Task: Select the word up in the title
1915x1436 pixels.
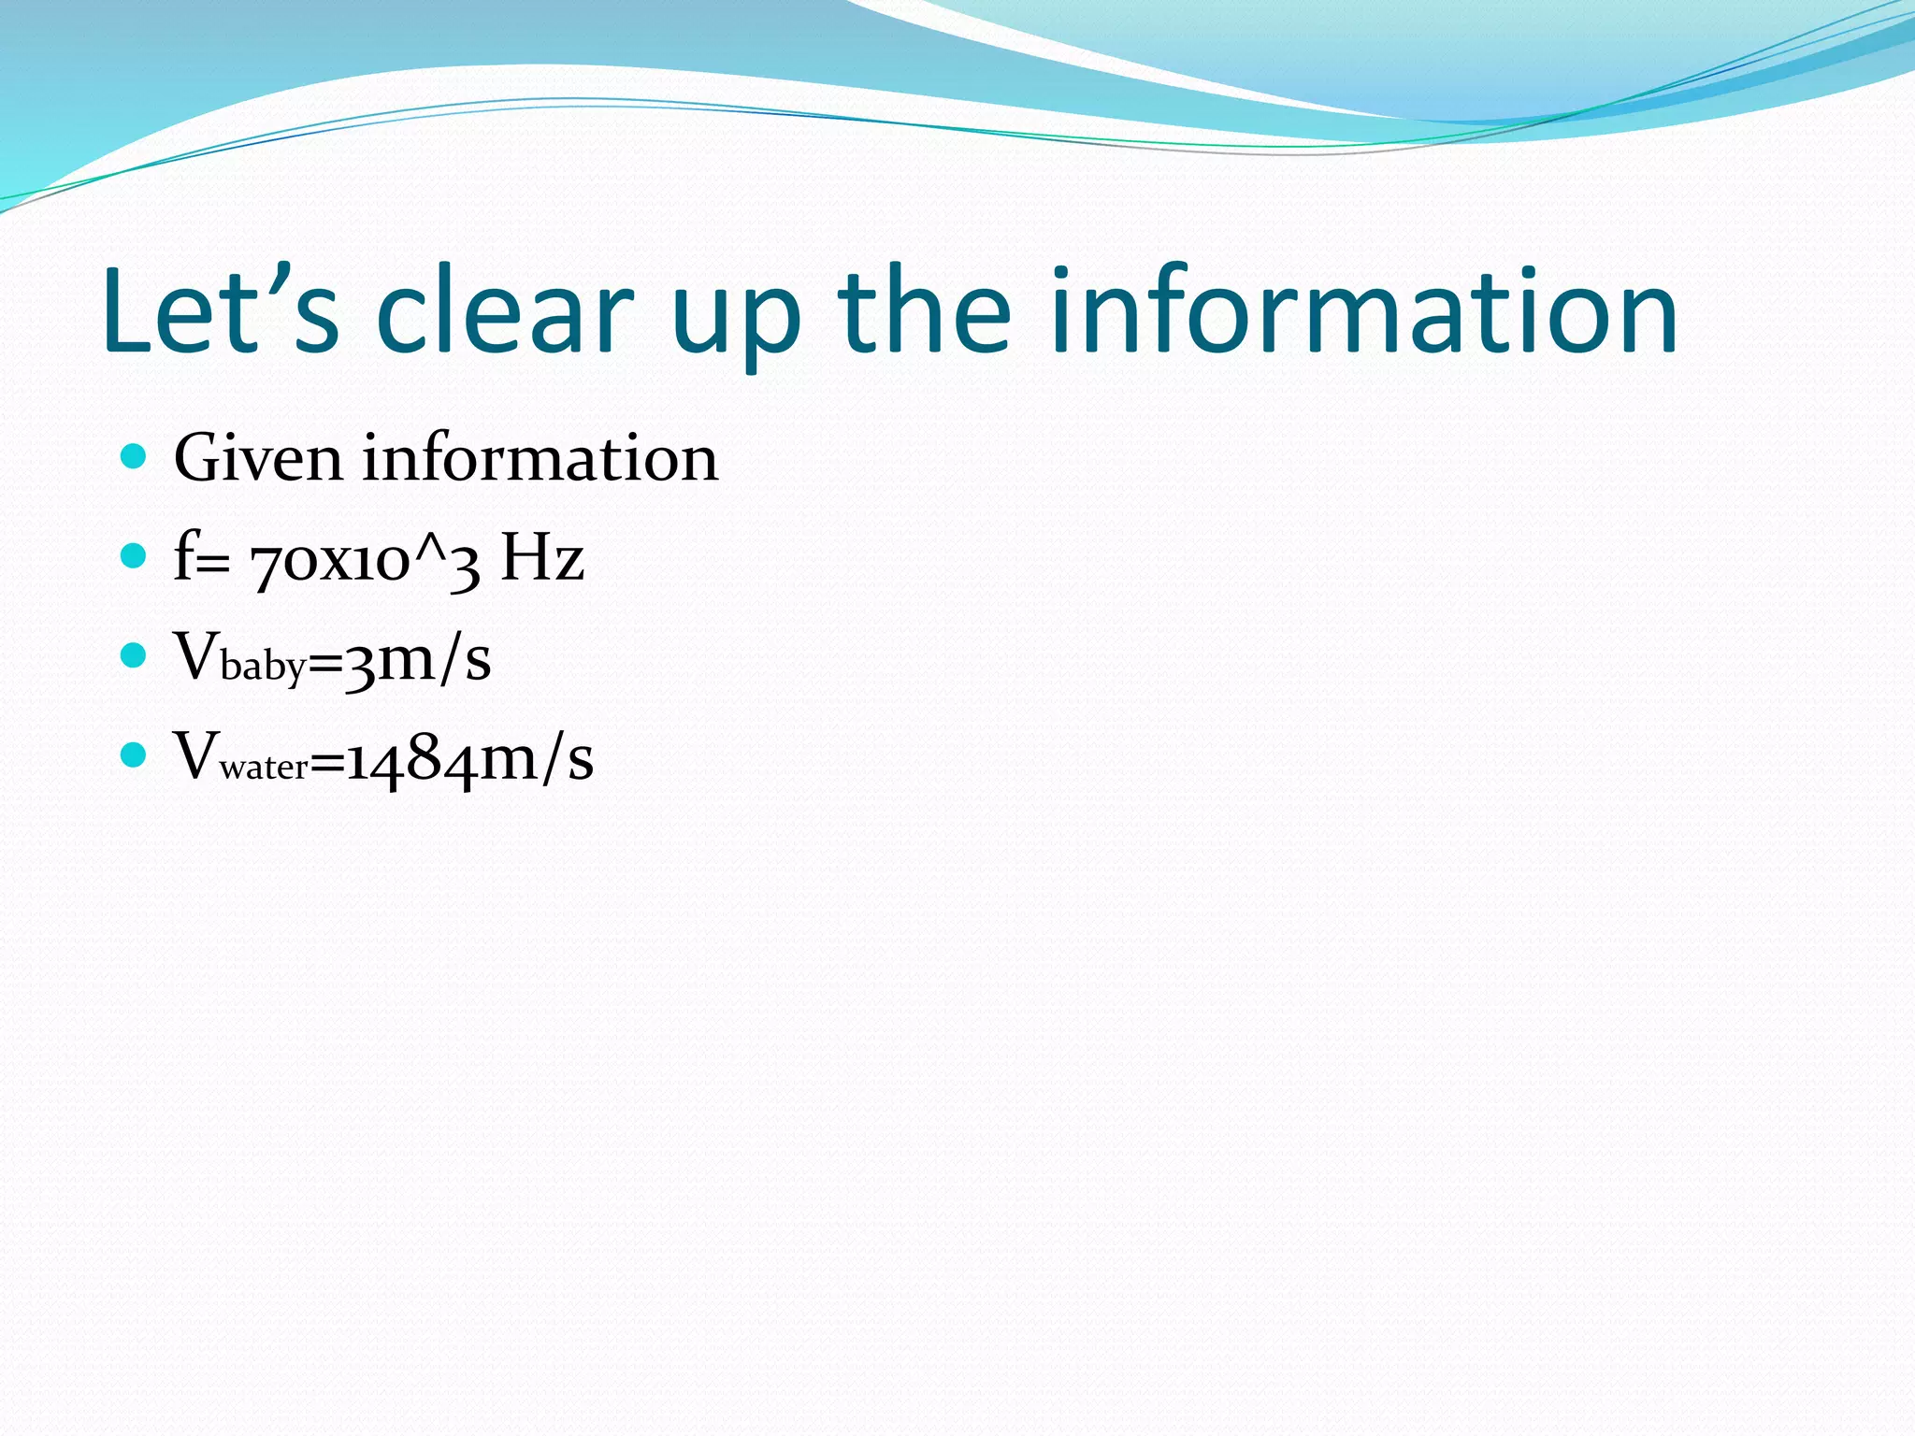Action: click(736, 318)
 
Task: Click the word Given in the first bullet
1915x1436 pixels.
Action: click(258, 459)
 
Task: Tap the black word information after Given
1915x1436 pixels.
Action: click(540, 459)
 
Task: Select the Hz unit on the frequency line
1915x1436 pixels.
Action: click(542, 558)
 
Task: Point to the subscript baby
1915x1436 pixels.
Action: click(264, 667)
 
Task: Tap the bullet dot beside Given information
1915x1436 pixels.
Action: click(135, 457)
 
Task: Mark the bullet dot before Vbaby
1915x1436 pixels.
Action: click(135, 655)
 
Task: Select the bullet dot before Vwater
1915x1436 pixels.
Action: click(135, 754)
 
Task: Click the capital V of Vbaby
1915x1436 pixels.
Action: click(196, 655)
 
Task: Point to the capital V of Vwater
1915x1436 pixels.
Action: click(196, 754)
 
